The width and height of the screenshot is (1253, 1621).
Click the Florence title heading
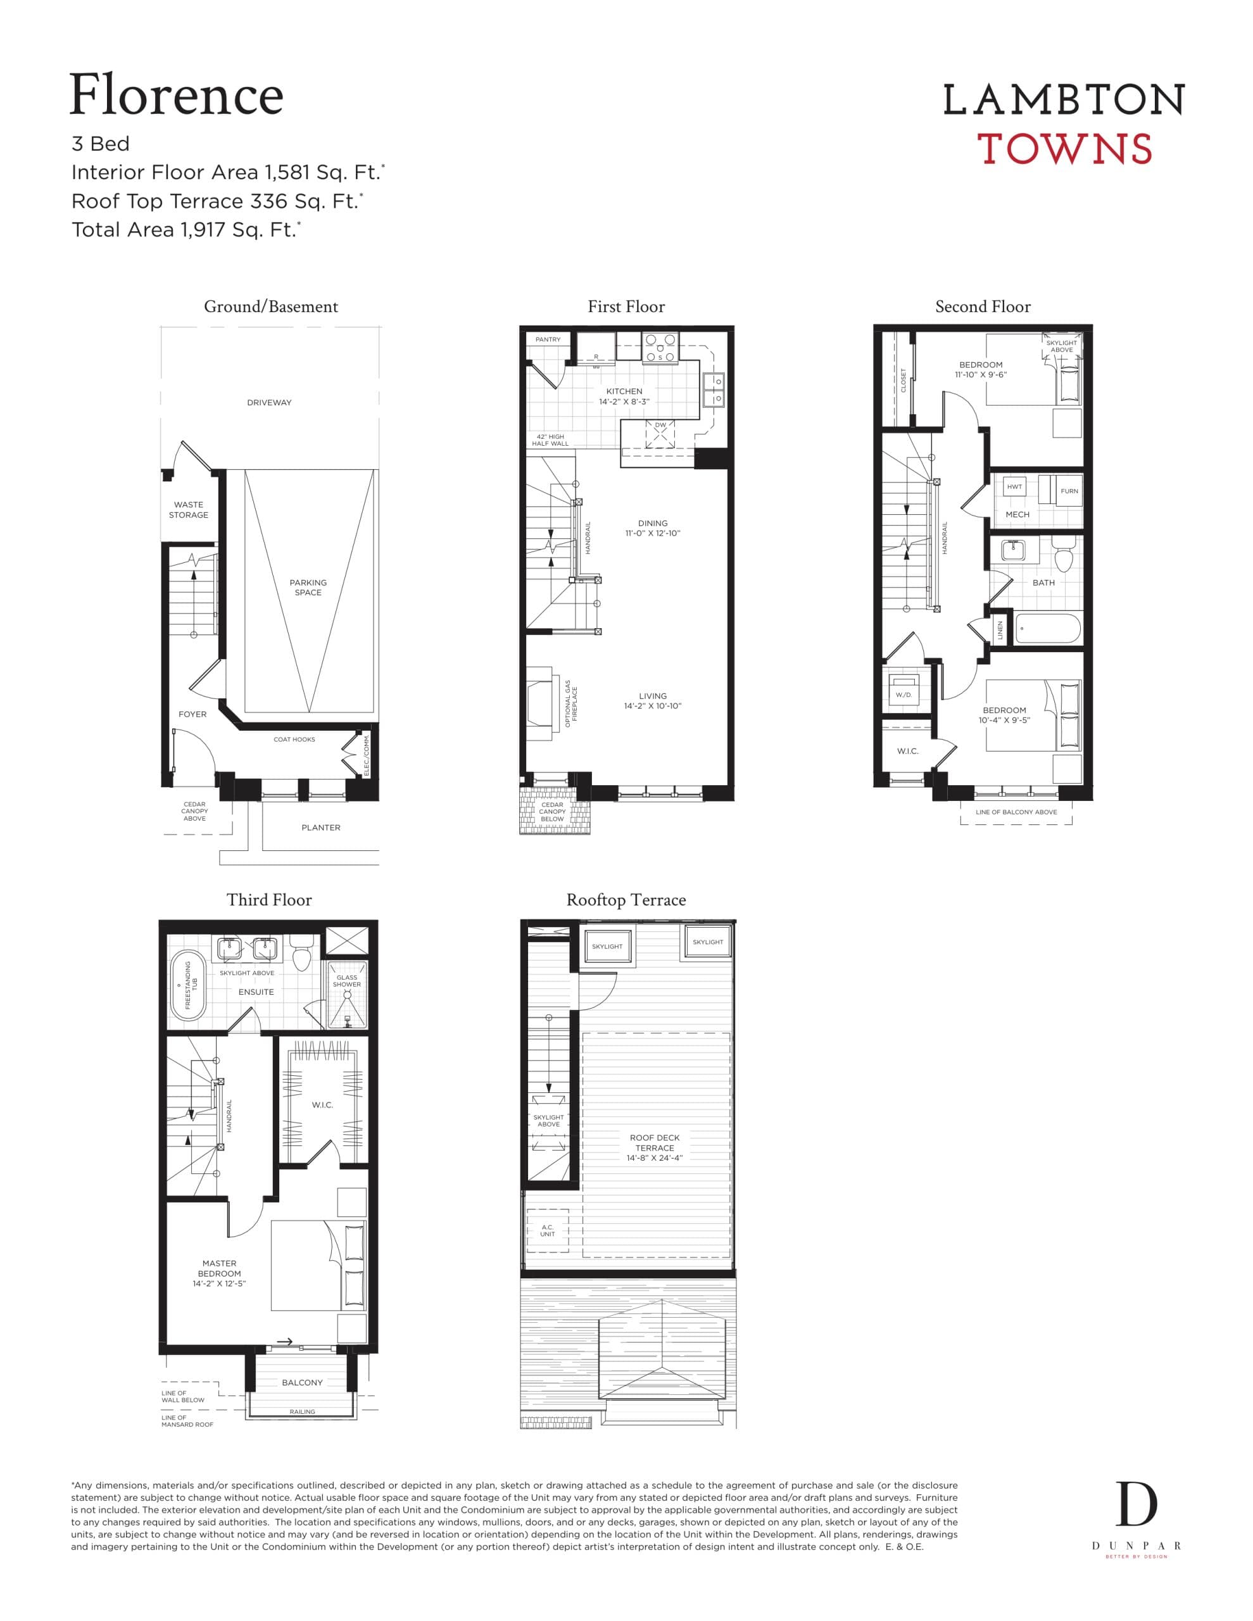tap(176, 95)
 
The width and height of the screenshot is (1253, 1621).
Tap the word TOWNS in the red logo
tap(1064, 148)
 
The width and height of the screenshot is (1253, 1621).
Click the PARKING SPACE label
tap(308, 587)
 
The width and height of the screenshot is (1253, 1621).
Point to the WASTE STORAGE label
tap(189, 509)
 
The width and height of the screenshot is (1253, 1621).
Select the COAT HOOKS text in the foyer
tap(294, 739)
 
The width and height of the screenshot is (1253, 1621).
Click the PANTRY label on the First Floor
tap(548, 339)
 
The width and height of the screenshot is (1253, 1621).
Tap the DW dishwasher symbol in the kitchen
tap(660, 434)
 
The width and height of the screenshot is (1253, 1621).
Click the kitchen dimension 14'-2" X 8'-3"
tap(624, 401)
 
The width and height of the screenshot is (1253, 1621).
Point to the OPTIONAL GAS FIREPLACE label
tap(571, 703)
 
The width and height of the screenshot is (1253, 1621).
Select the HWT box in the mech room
tap(1014, 487)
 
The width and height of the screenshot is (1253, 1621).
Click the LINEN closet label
tap(1000, 631)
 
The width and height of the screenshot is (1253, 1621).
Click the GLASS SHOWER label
tap(347, 980)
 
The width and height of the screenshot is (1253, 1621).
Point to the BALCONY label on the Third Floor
tap(302, 1383)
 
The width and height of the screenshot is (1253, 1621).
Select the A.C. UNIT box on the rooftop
tap(547, 1230)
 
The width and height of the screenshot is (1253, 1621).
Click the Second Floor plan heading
tap(982, 306)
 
